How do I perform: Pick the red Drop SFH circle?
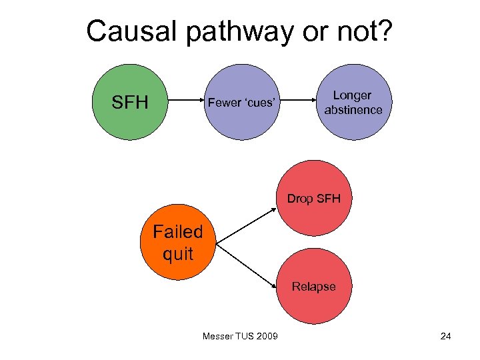[314, 199]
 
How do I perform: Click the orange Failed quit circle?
[177, 243]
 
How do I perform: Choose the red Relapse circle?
[314, 287]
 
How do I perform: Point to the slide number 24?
[445, 335]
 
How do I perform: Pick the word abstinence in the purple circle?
[353, 110]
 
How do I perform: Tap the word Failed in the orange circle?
[177, 232]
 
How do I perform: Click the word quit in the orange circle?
[177, 254]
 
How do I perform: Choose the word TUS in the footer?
[244, 335]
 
